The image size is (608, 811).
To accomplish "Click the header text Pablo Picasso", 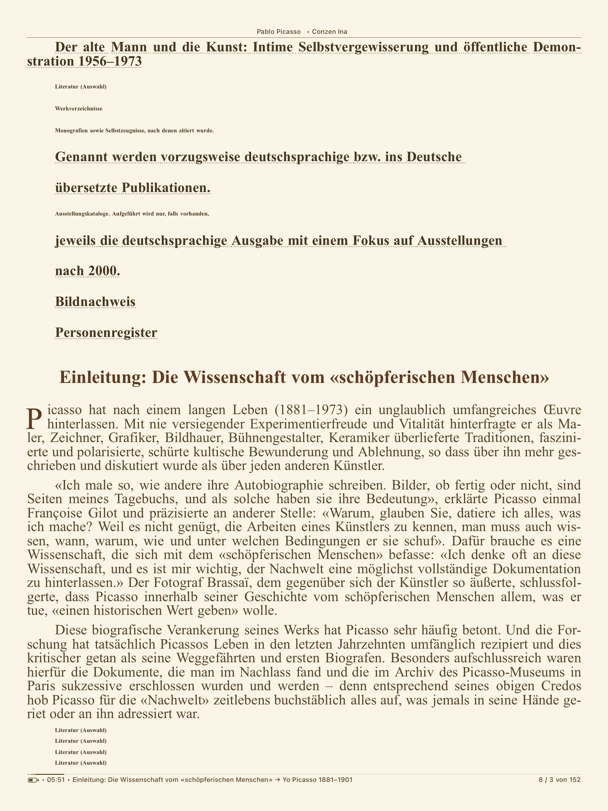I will pos(278,31).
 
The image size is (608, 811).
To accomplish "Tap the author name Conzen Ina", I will pos(329,31).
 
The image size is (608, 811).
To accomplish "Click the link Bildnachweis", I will pos(95,302).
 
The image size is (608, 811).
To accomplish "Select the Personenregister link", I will pos(106,332).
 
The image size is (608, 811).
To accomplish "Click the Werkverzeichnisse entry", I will pos(78,109).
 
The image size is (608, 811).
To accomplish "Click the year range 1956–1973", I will pos(110,61).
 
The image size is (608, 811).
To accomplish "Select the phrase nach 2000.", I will pos(87,271).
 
